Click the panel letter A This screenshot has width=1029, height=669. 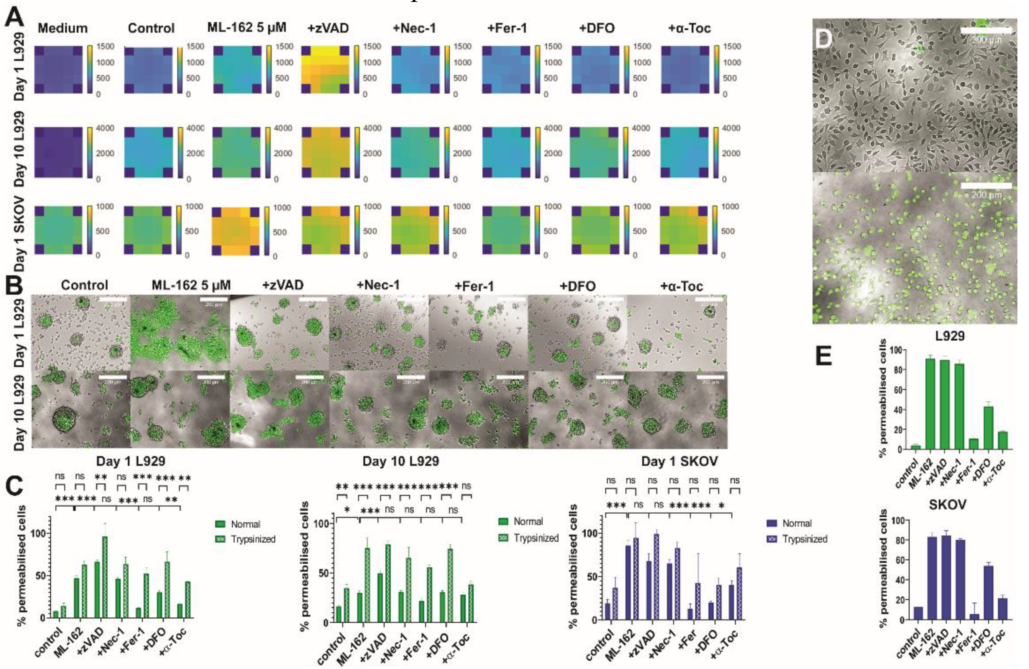[x=14, y=17]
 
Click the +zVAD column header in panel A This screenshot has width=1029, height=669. [x=328, y=28]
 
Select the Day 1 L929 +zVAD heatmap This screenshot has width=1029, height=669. [x=325, y=69]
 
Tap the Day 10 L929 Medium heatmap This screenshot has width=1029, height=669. [x=58, y=152]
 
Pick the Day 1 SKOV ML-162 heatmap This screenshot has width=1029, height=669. [x=236, y=231]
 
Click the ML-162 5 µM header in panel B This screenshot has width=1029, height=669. [x=191, y=286]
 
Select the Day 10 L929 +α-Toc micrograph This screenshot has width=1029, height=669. [x=677, y=409]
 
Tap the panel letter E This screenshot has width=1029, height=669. [x=824, y=357]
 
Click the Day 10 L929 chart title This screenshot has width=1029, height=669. [x=400, y=461]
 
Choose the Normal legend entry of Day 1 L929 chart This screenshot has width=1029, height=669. [x=245, y=524]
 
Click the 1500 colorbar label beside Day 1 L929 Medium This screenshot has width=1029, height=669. [x=105, y=46]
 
